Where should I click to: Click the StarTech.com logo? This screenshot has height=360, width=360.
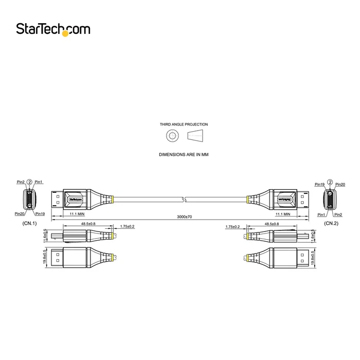(x=52, y=29)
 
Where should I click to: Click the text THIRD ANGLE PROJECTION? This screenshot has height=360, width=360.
(x=184, y=124)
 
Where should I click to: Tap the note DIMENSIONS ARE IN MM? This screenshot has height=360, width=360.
(x=184, y=154)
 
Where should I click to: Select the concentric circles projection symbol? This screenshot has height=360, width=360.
(x=172, y=137)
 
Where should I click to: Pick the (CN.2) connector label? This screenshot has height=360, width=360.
(x=331, y=224)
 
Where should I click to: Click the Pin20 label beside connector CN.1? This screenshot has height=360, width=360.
(x=20, y=213)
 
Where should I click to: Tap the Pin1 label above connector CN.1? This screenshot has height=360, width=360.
(x=39, y=182)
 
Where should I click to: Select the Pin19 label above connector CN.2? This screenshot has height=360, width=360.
(x=319, y=184)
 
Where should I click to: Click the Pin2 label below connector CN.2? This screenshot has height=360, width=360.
(x=338, y=214)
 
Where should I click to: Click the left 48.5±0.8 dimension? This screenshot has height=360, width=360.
(x=88, y=224)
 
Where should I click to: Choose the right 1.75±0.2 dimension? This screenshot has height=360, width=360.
(x=232, y=226)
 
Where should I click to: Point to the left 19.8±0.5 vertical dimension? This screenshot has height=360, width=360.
(x=46, y=256)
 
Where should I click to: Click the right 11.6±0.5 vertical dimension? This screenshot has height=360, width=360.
(x=313, y=236)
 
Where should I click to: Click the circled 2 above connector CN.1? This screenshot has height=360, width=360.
(x=29, y=182)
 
